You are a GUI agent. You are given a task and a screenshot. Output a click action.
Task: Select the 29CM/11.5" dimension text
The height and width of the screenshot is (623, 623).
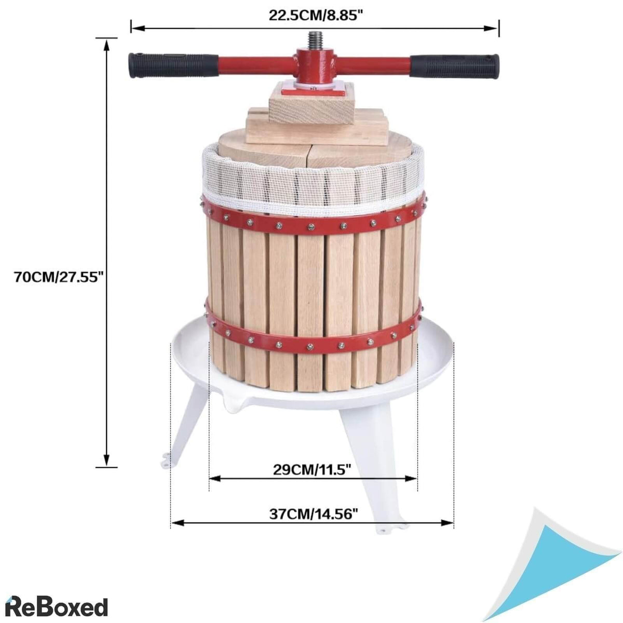(313, 469)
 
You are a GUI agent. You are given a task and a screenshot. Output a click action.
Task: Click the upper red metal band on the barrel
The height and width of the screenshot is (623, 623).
(315, 225)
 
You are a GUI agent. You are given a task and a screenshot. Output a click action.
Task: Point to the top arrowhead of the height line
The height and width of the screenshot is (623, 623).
(107, 43)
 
